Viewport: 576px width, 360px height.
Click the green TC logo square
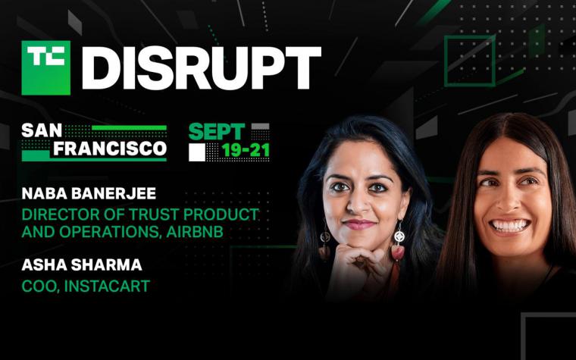pyautogui.click(x=46, y=67)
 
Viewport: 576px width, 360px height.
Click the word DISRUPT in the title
pyautogui.click(x=202, y=68)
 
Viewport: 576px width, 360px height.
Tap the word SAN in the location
pyautogui.click(x=42, y=130)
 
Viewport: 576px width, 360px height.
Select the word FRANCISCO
pyautogui.click(x=110, y=149)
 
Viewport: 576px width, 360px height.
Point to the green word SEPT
pyautogui.click(x=217, y=132)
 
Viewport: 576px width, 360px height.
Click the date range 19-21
pyautogui.click(x=246, y=150)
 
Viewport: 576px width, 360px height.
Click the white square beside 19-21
pyautogui.click(x=197, y=152)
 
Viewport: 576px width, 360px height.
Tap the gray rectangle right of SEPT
pyautogui.click(x=261, y=127)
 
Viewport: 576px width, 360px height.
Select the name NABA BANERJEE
pyautogui.click(x=89, y=193)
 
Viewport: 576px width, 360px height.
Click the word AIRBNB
pyautogui.click(x=195, y=232)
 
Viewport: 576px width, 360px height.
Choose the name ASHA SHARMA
pyautogui.click(x=82, y=265)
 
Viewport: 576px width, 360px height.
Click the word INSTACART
pyautogui.click(x=107, y=286)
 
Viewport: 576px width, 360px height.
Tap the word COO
pyautogui.click(x=39, y=286)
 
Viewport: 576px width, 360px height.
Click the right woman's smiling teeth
pyautogui.click(x=510, y=225)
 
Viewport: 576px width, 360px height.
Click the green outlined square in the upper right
pyautogui.click(x=470, y=61)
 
